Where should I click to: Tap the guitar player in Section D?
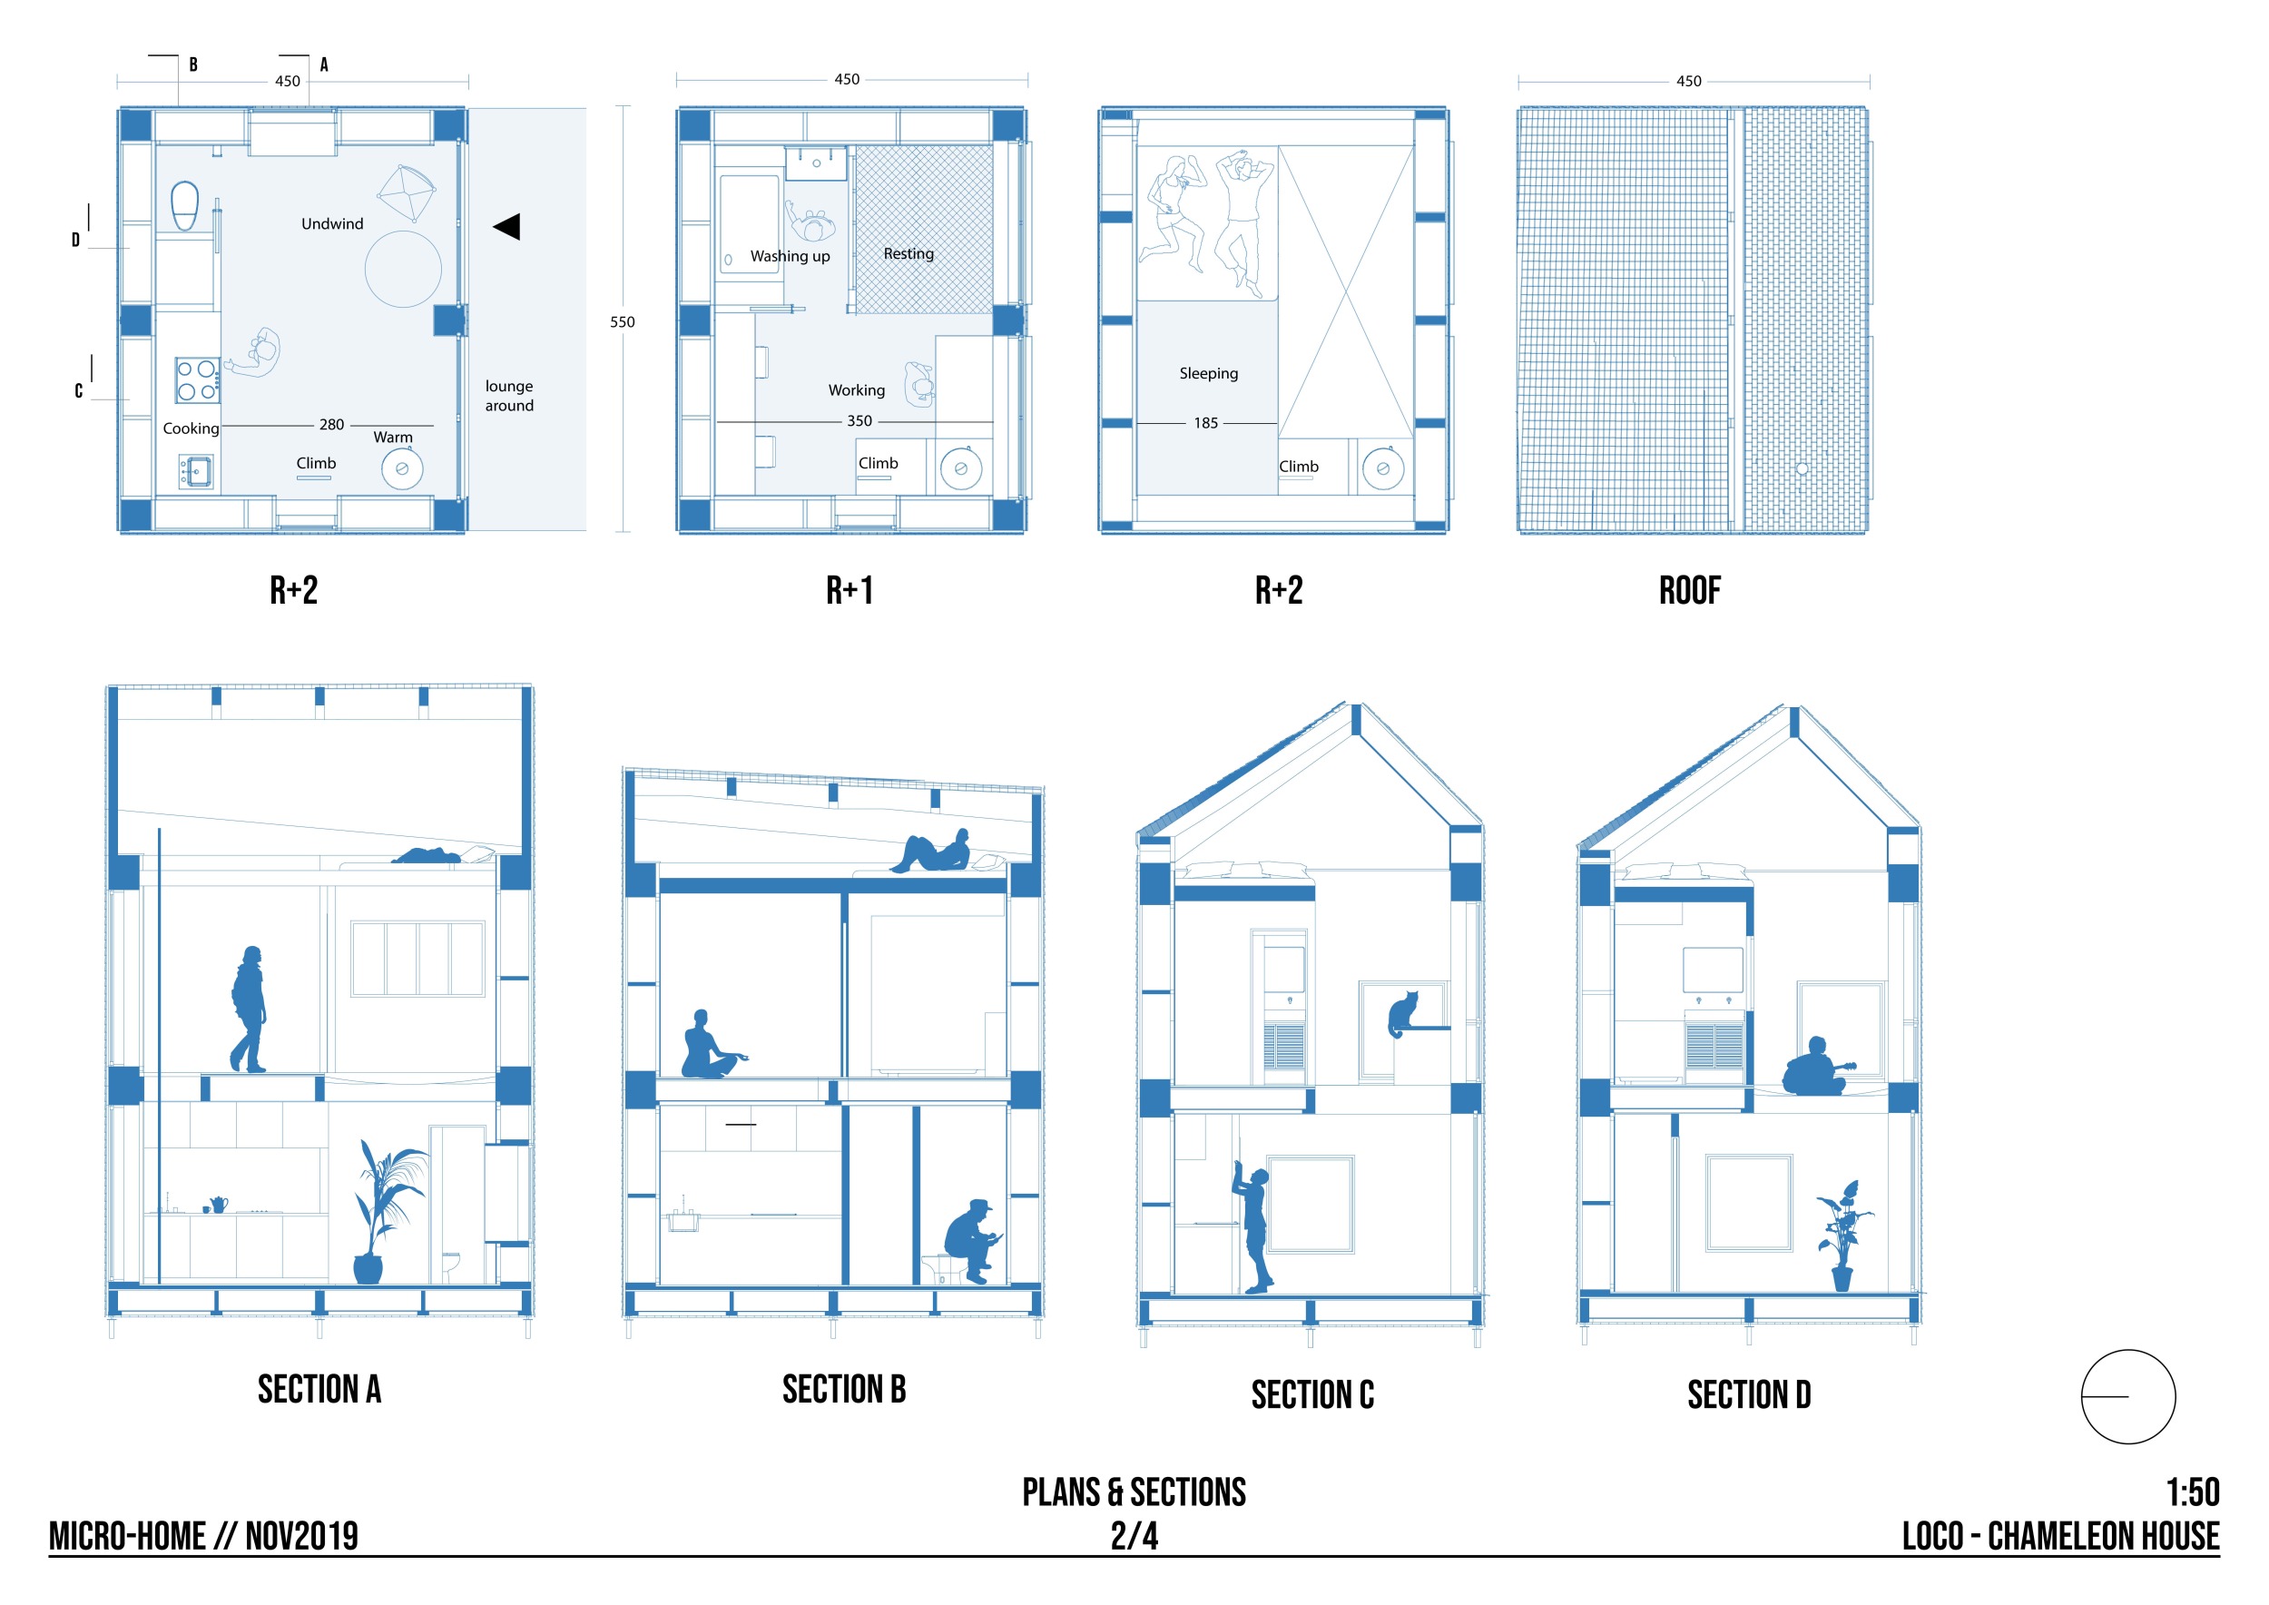pos(1817,1067)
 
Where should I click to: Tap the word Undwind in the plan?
pos(332,224)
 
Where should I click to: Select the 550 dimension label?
pos(623,322)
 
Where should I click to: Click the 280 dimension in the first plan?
pos(332,425)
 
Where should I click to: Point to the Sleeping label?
pos(1209,374)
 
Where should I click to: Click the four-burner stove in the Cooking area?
pos(198,380)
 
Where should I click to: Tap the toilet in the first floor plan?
pos(185,205)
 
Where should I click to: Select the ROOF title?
pos(1690,591)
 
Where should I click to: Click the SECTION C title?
pos(1312,1395)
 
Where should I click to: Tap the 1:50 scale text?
pos(2193,1492)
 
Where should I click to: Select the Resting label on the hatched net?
pos(909,254)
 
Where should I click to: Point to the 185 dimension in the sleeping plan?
pos(1205,423)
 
